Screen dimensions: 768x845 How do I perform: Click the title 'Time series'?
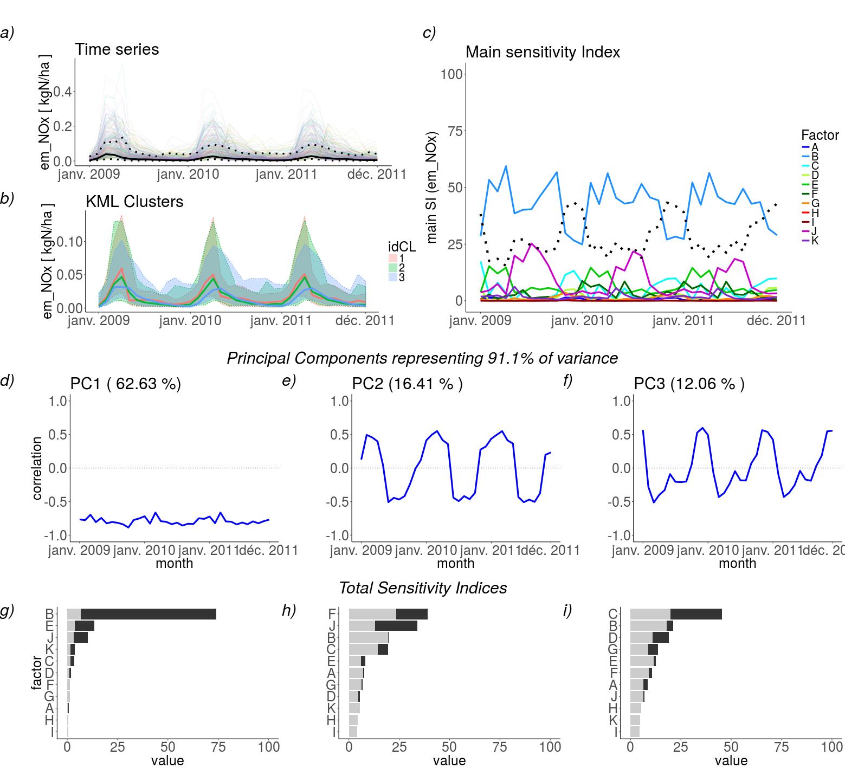click(117, 49)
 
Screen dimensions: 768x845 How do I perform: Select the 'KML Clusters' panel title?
click(134, 202)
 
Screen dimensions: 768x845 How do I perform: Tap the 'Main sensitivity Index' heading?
click(543, 52)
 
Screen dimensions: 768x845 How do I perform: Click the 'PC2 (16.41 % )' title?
click(407, 384)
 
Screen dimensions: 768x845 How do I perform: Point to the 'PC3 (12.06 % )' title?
click(689, 384)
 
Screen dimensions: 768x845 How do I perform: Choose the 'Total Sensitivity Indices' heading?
click(423, 588)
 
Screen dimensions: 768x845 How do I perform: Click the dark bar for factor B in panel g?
click(148, 614)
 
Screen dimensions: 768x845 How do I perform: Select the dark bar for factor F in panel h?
click(412, 614)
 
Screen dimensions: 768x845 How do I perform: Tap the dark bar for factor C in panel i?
click(696, 614)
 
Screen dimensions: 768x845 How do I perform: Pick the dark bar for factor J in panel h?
click(396, 626)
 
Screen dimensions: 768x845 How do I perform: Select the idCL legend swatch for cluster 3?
click(394, 277)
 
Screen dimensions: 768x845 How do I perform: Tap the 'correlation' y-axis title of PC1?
click(37, 468)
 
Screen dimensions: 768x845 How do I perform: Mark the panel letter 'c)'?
click(429, 33)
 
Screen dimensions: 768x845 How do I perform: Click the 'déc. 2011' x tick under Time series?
click(377, 175)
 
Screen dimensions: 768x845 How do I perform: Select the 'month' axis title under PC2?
click(455, 563)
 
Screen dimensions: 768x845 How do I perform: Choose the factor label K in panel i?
click(614, 720)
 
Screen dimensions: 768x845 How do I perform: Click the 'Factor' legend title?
click(820, 135)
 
